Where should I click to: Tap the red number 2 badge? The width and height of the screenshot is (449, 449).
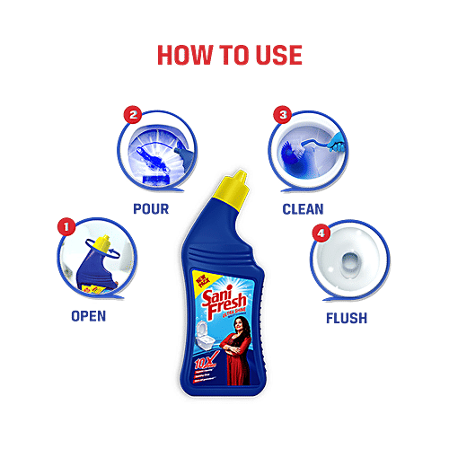(134, 116)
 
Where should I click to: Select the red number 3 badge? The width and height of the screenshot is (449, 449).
(283, 115)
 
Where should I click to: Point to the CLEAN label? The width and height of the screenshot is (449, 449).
(303, 209)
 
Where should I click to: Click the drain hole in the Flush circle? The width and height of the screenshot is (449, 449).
(348, 268)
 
